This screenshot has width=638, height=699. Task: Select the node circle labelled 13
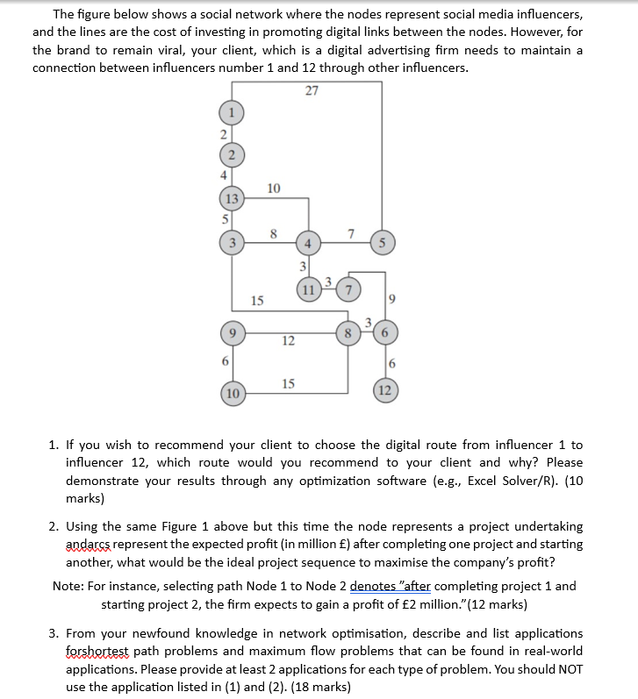point(232,197)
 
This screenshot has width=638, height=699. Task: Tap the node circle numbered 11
point(308,290)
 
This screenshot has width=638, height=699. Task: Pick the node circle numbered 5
point(379,243)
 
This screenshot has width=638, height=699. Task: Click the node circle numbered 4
point(308,243)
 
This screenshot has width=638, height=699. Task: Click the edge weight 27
point(312,90)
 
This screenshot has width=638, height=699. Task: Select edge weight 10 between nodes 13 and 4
point(274,187)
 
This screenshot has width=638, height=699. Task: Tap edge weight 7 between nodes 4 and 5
point(350,231)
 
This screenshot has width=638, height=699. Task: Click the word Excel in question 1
point(485,480)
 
